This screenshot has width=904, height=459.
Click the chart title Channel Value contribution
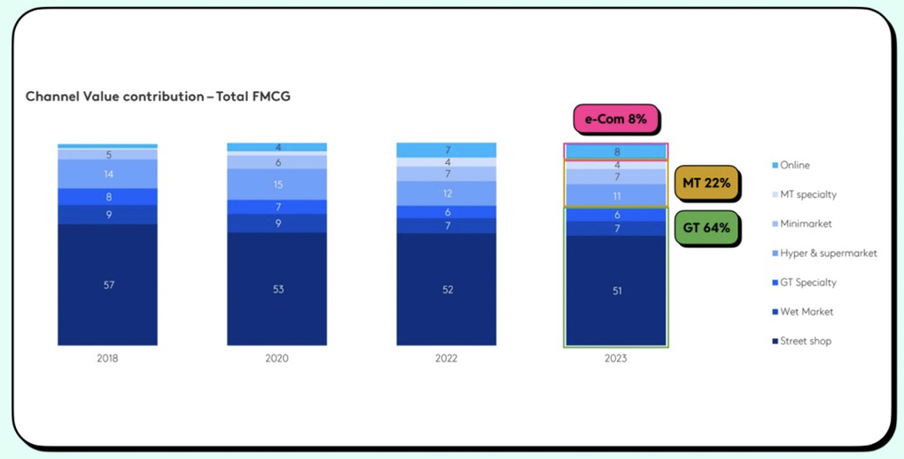[x=158, y=96]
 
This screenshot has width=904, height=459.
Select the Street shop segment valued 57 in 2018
[x=107, y=284]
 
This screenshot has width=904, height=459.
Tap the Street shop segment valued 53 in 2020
[x=277, y=289]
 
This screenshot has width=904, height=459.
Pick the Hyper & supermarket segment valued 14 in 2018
[x=107, y=175]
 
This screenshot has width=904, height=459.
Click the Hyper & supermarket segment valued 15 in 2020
[x=277, y=184]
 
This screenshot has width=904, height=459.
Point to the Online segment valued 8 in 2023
[x=616, y=152]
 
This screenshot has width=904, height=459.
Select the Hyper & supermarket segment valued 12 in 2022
[x=447, y=193]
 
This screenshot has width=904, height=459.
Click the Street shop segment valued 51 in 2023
[x=616, y=291]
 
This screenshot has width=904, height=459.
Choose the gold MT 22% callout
[x=706, y=183]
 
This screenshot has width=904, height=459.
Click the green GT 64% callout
[x=706, y=228]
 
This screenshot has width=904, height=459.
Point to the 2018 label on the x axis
[x=107, y=359]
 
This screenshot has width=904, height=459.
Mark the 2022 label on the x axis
[x=447, y=359]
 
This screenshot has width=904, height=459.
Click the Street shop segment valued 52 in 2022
[x=447, y=290]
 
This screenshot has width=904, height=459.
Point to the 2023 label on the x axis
[x=616, y=359]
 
